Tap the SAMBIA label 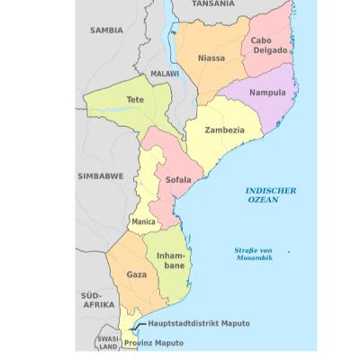click(106, 31)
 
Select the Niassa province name click(211, 58)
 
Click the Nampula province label click(266, 92)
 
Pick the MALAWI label click(165, 74)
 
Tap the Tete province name click(135, 99)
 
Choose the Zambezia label click(224, 130)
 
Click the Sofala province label click(178, 180)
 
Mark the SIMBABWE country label click(101, 176)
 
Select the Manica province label click(143, 220)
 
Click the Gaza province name click(136, 273)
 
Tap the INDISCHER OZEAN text click(270, 195)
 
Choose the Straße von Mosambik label click(254, 254)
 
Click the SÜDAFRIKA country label click(97, 300)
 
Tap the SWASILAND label click(108, 341)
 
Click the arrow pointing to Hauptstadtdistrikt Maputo click(139, 326)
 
